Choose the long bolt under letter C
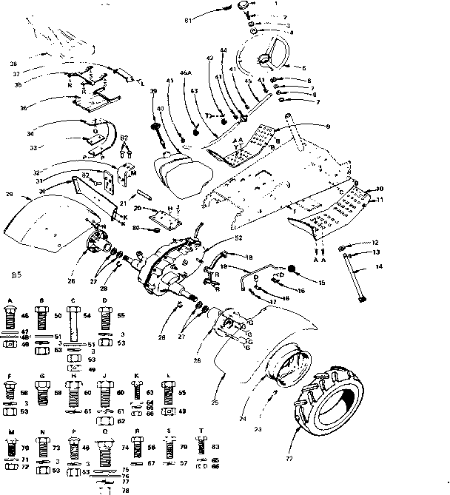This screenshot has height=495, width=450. pos(75,324)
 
